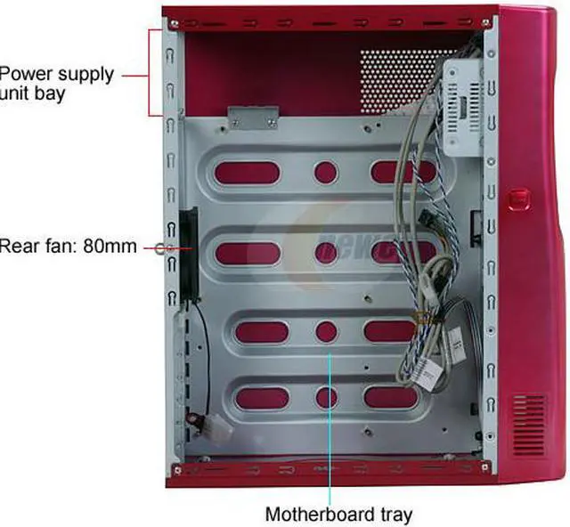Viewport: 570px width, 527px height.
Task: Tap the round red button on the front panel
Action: pos(518,198)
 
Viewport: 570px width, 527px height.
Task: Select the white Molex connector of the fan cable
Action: pos(214,427)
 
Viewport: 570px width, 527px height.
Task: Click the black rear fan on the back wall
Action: pos(188,254)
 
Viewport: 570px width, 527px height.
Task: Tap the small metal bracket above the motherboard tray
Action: pos(253,118)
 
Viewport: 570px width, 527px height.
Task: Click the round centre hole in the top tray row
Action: pos(325,171)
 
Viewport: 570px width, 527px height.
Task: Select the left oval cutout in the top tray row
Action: pos(247,170)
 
